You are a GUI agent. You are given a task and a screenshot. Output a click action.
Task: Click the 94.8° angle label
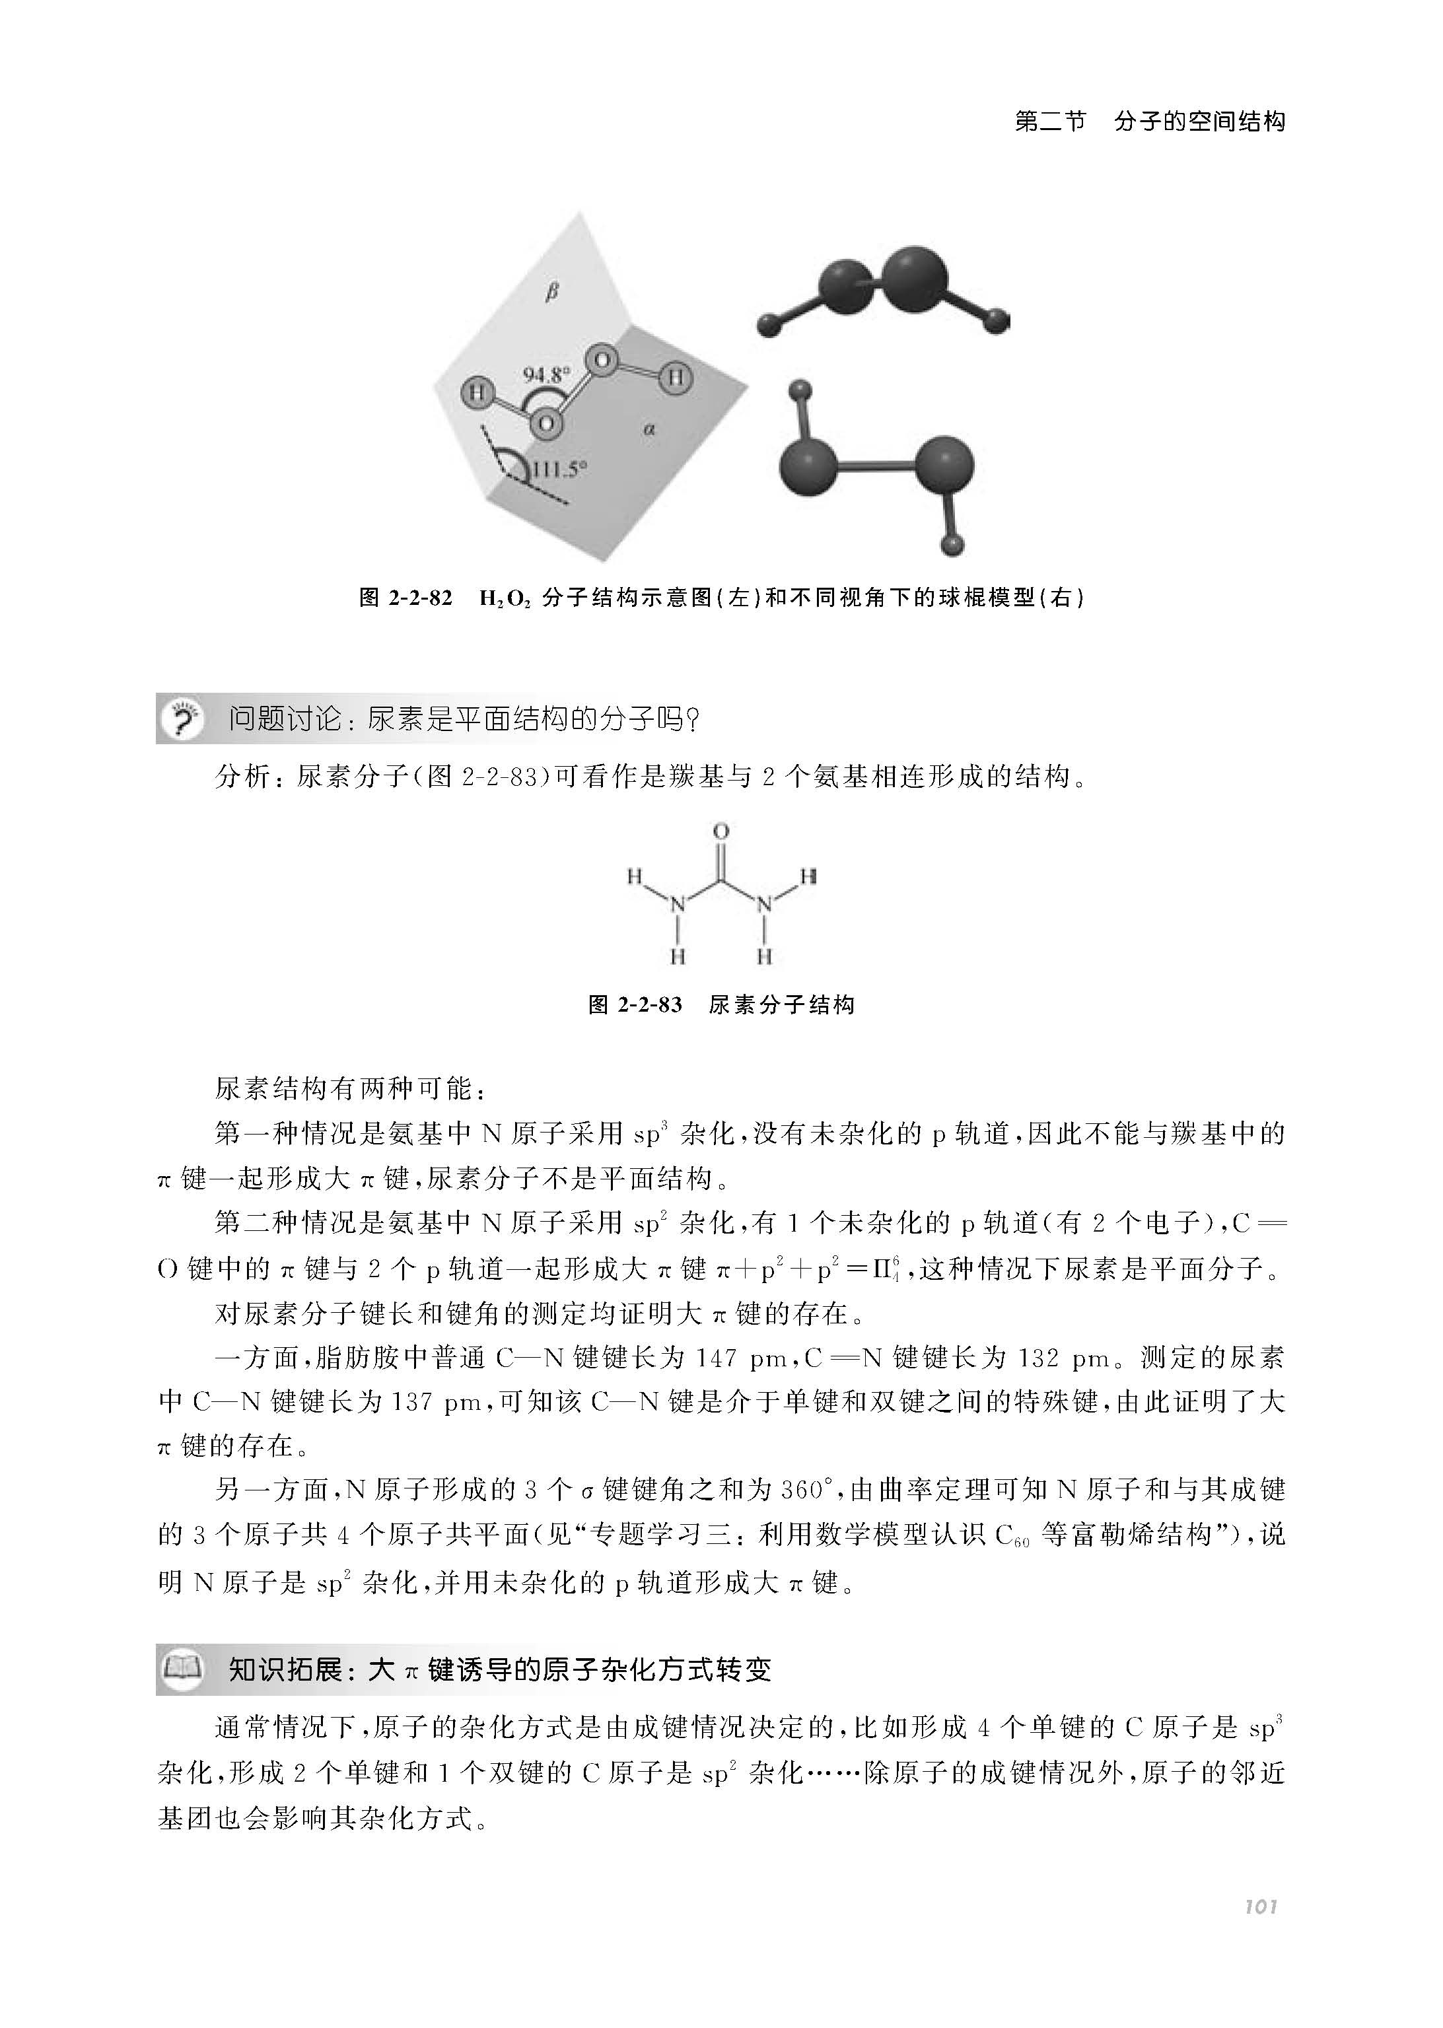pyautogui.click(x=545, y=375)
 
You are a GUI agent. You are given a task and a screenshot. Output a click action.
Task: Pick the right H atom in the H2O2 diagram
pyautogui.click(x=676, y=378)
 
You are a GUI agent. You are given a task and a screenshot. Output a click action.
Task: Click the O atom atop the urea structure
pyautogui.click(x=721, y=831)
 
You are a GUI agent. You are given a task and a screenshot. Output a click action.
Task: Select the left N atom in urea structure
pyautogui.click(x=678, y=905)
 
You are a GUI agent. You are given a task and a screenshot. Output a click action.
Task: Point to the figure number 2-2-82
pyautogui.click(x=420, y=598)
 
